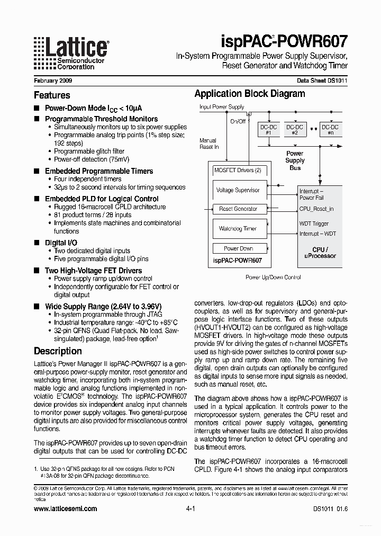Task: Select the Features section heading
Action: (x=52, y=95)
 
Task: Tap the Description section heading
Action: (x=58, y=351)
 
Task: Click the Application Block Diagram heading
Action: (x=249, y=94)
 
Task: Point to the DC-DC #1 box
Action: (x=268, y=130)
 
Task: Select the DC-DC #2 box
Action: (x=295, y=130)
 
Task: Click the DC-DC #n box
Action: (x=331, y=130)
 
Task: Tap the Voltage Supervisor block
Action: (x=238, y=190)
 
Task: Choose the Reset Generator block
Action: (x=238, y=209)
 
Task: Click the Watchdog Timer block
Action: (x=238, y=229)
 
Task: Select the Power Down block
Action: (x=238, y=248)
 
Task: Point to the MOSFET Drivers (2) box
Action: (x=238, y=170)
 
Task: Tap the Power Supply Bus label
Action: (x=295, y=160)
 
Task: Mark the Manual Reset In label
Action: (x=209, y=144)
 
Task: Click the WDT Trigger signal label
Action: (x=314, y=224)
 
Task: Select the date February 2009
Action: (x=53, y=81)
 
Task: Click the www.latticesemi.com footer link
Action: (x=65, y=508)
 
